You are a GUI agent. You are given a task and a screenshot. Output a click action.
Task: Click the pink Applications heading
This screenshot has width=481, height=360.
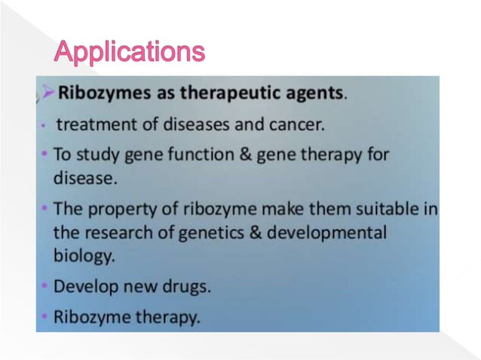click(x=129, y=51)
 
